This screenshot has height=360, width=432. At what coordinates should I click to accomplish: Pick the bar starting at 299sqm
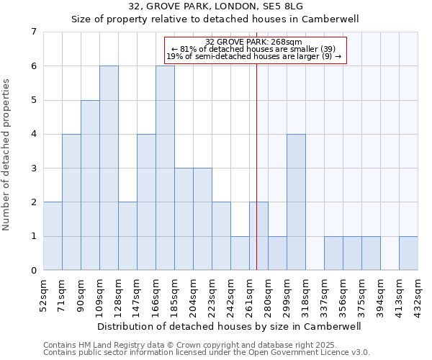pyautogui.click(x=296, y=202)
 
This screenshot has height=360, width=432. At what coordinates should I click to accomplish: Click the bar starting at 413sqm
pyautogui.click(x=408, y=253)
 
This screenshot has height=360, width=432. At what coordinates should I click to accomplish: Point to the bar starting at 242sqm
pyautogui.click(x=240, y=253)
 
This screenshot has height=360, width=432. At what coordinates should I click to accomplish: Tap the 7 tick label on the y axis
pyautogui.click(x=33, y=32)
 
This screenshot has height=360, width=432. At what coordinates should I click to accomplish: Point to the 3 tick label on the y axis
pyautogui.click(x=33, y=168)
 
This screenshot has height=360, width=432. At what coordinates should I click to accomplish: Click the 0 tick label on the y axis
pyautogui.click(x=33, y=271)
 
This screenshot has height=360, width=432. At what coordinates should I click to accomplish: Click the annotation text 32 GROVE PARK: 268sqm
pyautogui.click(x=254, y=42)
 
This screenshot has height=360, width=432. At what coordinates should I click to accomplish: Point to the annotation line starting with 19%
pyautogui.click(x=254, y=56)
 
